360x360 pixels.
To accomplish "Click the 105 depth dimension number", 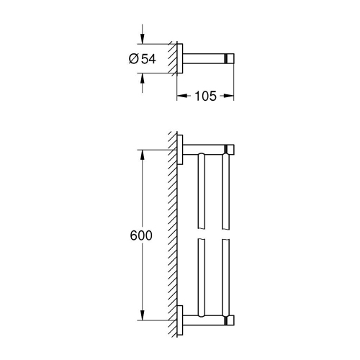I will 207,94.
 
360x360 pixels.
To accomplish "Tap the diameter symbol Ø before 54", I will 134,60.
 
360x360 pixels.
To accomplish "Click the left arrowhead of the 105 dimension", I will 181,94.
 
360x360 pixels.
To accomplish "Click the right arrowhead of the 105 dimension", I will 231,94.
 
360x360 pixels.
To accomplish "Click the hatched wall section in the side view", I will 174,59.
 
